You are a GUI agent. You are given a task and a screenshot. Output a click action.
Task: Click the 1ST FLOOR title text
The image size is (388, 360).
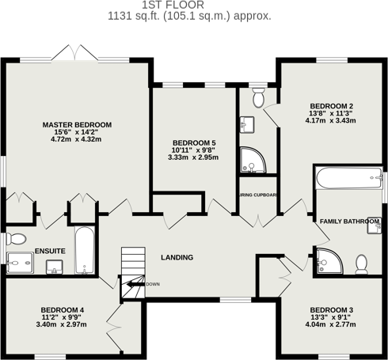point(194,5)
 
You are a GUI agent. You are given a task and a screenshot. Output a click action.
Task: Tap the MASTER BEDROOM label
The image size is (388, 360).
point(77,125)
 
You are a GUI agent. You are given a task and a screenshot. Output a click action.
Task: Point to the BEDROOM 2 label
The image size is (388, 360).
point(331,106)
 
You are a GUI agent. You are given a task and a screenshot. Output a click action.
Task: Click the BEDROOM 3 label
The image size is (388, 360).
point(331,309)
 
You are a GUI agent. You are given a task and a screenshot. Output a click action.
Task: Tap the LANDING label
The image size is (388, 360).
point(177,257)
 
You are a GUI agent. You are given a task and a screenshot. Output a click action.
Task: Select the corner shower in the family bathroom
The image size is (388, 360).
point(325,260)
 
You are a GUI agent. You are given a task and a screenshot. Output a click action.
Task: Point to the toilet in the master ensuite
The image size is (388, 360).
point(16,238)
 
